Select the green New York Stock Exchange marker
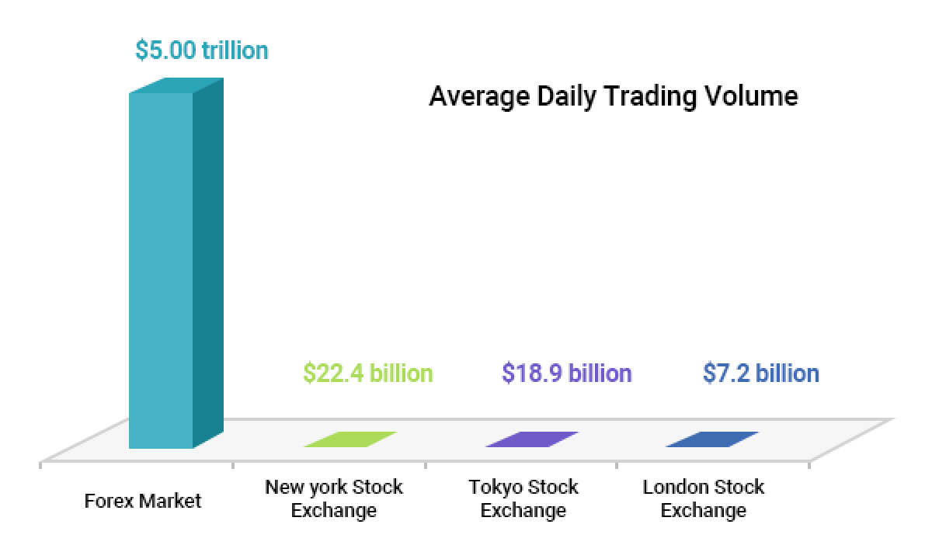pos(350,439)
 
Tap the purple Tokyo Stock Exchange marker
pos(532,439)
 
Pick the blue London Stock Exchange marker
pos(712,439)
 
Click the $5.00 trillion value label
pos(201,50)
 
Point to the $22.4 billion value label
pos(367,373)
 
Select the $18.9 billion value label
pos(566,373)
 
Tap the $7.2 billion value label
pos(760,373)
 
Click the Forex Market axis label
pos(142,501)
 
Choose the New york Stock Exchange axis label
pos(334,498)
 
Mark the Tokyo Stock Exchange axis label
pos(523,498)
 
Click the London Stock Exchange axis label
pos(704,498)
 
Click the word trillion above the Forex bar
pos(235,50)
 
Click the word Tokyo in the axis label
pos(495,488)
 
